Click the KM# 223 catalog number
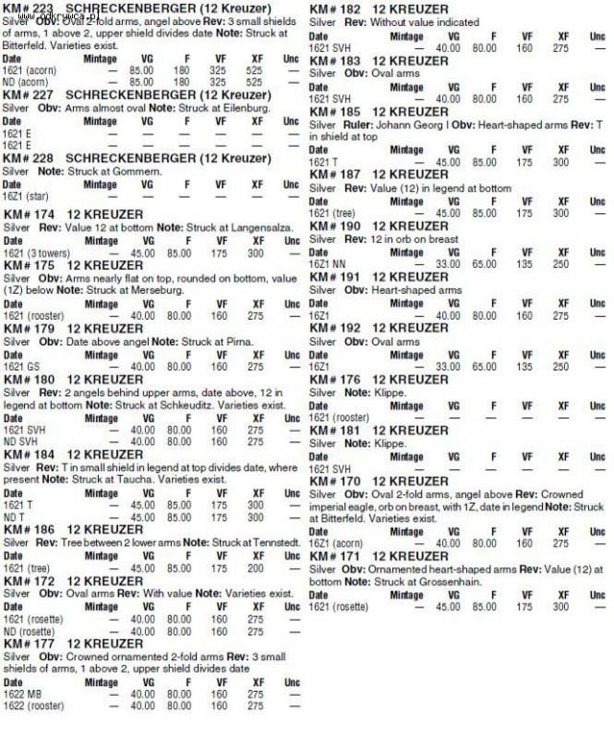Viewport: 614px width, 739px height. (30, 10)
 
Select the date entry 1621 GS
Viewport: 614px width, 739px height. (22, 367)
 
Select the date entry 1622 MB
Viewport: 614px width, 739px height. (23, 693)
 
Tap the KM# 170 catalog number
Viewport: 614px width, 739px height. (335, 481)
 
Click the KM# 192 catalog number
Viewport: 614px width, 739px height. (335, 327)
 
